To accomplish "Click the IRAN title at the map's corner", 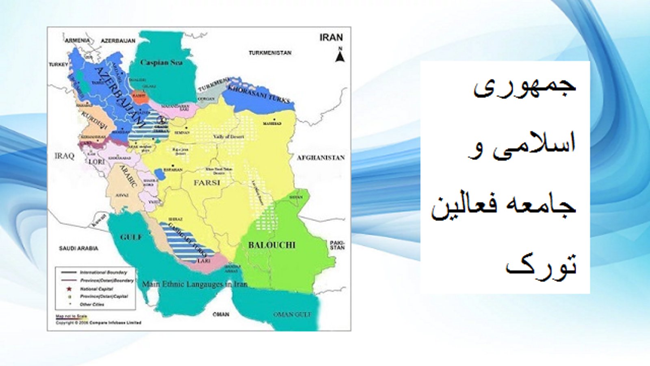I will click(331, 37).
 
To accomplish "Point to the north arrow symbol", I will click(340, 55).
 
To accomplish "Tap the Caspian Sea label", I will click(161, 63).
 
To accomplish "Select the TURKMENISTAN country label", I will click(270, 53).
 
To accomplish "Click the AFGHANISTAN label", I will click(321, 158).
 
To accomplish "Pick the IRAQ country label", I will click(65, 156).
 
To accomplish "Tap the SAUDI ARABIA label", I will click(78, 248).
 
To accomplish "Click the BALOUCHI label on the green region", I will click(271, 245).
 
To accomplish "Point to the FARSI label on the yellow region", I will click(207, 183).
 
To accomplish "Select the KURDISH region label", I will click(94, 120).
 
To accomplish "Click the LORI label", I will click(97, 162).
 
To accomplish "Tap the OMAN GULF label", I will click(292, 314).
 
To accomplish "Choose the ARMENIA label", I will click(77, 41).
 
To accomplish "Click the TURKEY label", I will click(58, 65).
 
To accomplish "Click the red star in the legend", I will click(69, 289).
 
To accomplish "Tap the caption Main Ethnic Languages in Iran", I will click(194, 284).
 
